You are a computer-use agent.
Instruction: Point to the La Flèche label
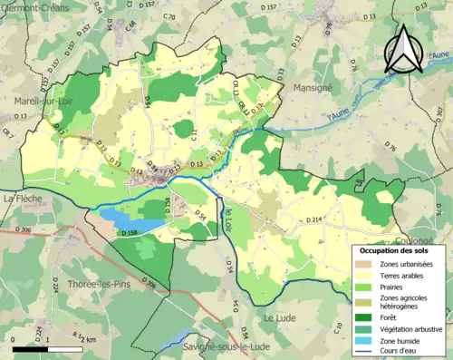[x=19, y=198]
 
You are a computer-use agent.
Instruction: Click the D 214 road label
[x=315, y=219]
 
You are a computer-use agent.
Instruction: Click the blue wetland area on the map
[x=122, y=218]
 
